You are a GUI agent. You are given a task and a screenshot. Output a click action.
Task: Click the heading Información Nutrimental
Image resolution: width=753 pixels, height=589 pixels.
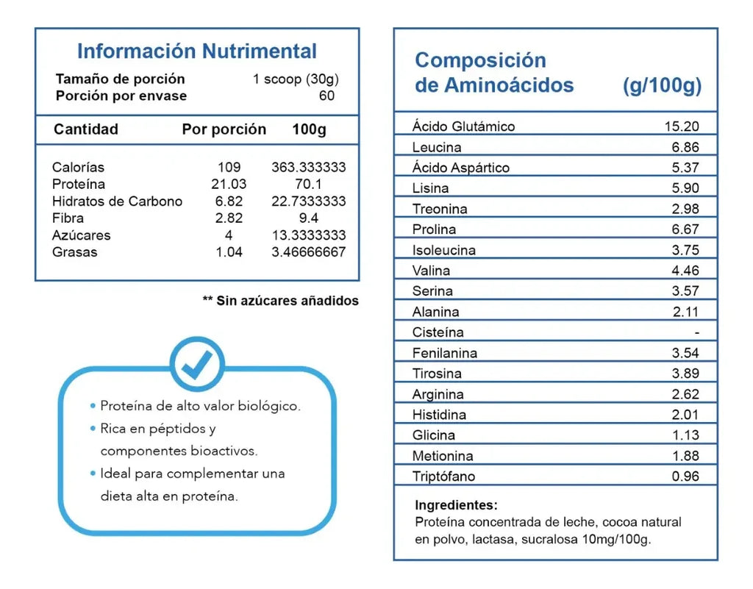[197, 51]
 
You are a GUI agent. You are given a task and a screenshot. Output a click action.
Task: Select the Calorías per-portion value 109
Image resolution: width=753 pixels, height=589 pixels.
[229, 167]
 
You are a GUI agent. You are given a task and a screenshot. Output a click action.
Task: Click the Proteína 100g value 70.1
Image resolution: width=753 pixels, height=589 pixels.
[308, 184]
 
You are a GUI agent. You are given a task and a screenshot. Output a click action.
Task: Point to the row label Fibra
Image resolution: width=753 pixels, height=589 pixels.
[68, 218]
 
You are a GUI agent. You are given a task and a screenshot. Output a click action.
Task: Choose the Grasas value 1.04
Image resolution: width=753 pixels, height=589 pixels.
[229, 252]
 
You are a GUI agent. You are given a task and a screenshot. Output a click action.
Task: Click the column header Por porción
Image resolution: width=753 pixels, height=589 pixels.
[224, 129]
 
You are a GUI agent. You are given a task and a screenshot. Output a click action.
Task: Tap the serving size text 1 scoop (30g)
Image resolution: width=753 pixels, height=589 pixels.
[296, 79]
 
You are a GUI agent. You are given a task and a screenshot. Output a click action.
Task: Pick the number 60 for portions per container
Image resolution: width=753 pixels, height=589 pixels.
[326, 96]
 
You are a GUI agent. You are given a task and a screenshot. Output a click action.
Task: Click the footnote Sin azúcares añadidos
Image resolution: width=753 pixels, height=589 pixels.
[288, 301]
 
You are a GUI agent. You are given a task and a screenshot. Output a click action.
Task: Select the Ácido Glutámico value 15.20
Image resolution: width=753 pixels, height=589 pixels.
[682, 126]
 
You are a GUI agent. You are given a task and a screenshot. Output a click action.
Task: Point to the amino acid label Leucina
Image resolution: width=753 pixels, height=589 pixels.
[437, 147]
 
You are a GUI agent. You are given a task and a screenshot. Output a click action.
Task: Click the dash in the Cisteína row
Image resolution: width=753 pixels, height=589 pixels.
[697, 332]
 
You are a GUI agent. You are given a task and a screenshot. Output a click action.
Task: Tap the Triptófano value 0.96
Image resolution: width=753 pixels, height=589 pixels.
[685, 476]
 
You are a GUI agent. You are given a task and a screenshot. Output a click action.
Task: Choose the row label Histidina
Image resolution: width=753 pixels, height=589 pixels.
[439, 414]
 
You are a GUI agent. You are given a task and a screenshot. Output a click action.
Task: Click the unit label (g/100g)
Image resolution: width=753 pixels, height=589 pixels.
[663, 85]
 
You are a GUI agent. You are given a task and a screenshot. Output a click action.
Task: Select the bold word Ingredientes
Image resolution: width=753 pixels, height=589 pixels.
[456, 505]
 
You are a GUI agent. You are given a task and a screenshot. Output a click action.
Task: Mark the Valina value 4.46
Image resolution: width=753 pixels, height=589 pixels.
[685, 271]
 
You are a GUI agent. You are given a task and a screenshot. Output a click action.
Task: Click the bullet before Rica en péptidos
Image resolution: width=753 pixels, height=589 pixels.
[93, 428]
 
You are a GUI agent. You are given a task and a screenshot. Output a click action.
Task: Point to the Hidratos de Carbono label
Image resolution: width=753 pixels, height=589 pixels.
[117, 201]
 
